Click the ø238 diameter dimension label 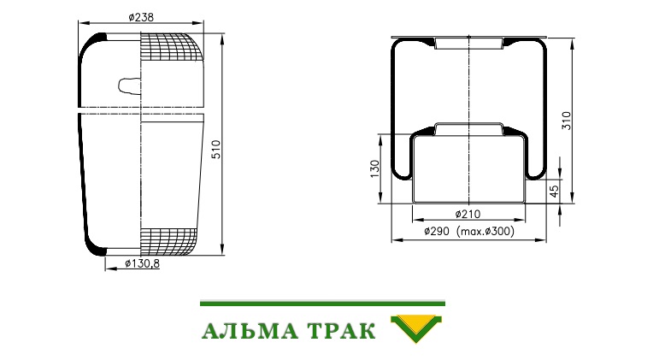(x=141, y=17)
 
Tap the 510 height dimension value (x=215, y=150)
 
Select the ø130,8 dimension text (x=143, y=263)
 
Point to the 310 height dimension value (x=567, y=121)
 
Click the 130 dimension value (x=375, y=168)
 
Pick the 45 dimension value (x=555, y=192)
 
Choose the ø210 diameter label (x=468, y=214)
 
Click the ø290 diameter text (x=437, y=231)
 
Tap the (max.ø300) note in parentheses (x=485, y=231)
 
